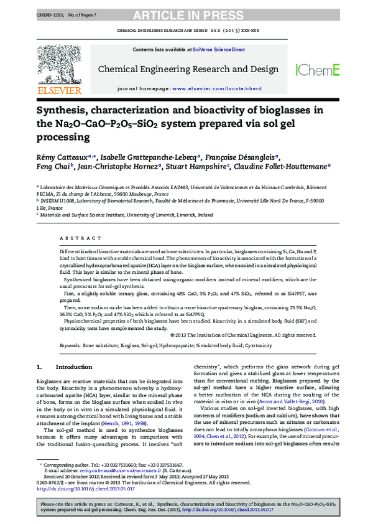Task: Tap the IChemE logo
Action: click(317, 70)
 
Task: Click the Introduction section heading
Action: click(73, 367)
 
